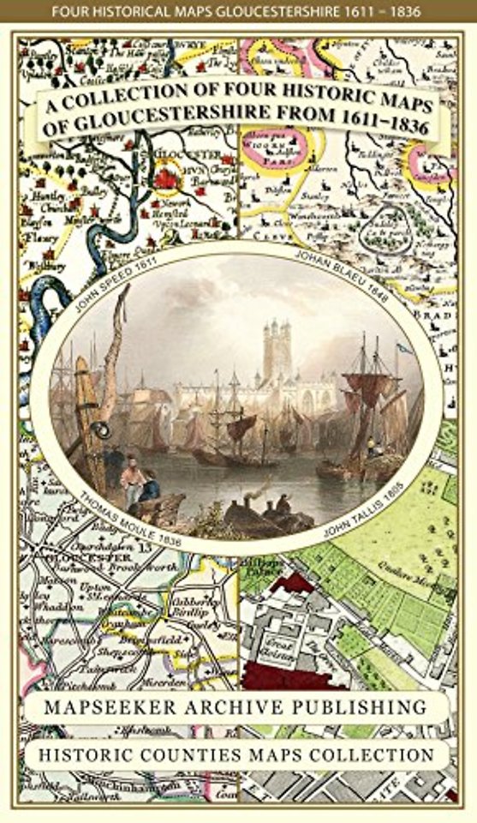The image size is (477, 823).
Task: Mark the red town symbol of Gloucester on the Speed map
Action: coord(165,177)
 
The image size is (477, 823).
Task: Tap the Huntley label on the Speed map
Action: coord(38,195)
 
